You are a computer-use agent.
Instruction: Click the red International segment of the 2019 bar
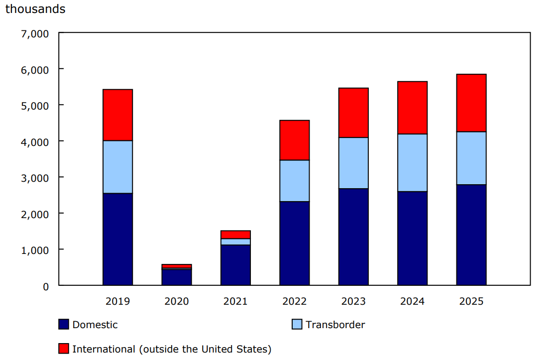117,115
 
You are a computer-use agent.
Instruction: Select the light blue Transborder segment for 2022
295,181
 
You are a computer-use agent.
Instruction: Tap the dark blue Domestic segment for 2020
177,277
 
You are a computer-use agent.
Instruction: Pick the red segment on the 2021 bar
235,235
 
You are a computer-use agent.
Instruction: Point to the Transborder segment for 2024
412,163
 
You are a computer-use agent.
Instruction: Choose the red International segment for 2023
353,113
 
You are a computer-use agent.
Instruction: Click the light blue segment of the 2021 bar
235,242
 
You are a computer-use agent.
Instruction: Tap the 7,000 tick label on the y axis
35,34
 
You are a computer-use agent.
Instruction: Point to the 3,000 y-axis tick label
35,178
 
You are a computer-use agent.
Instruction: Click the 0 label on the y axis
45,286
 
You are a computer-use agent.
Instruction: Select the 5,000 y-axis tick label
35,106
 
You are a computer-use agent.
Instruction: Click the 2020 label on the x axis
177,301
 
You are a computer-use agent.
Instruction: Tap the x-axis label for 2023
353,301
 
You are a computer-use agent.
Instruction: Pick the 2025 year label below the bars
471,301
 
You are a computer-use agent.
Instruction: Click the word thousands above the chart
35,9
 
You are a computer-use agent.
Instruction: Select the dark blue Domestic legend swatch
64,325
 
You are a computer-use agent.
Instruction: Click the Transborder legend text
335,325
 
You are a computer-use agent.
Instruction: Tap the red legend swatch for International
64,349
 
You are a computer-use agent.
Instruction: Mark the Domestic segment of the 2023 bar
353,237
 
